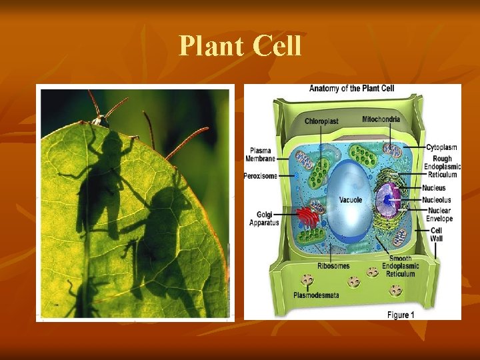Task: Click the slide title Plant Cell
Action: click(x=240, y=46)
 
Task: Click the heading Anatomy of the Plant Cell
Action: click(x=351, y=89)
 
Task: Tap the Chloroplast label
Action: click(x=321, y=121)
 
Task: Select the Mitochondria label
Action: click(x=381, y=119)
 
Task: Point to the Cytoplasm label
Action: click(x=441, y=147)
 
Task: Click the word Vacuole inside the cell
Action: click(x=351, y=199)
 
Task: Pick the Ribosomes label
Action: click(x=333, y=266)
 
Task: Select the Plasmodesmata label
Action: click(x=318, y=295)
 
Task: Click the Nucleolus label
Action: click(x=437, y=199)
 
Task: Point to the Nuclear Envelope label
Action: click(x=439, y=215)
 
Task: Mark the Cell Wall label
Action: click(x=437, y=235)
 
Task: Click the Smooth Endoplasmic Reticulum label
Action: click(x=401, y=266)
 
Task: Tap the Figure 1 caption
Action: click(x=401, y=315)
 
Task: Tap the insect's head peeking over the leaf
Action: click(x=101, y=121)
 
